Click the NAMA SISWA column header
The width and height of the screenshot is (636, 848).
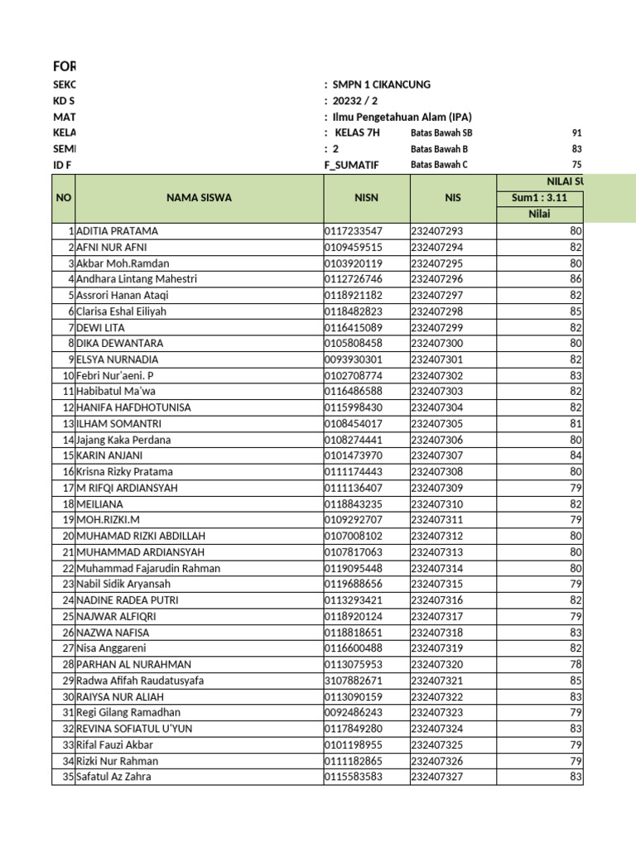[x=199, y=198]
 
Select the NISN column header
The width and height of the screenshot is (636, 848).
[x=365, y=198]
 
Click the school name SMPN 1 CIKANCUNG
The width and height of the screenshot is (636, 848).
[x=381, y=84]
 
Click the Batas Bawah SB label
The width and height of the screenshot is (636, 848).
[x=441, y=132]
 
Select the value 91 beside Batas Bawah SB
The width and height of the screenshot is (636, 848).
[x=576, y=132]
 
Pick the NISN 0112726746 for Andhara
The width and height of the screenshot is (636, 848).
[x=354, y=279]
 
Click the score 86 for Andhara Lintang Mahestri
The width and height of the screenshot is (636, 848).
[x=576, y=279]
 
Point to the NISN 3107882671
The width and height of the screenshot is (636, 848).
[x=354, y=681]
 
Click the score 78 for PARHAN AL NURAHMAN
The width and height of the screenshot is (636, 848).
[x=576, y=664]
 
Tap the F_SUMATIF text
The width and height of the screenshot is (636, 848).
[x=351, y=165]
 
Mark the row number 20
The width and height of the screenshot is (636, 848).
[x=68, y=536]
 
